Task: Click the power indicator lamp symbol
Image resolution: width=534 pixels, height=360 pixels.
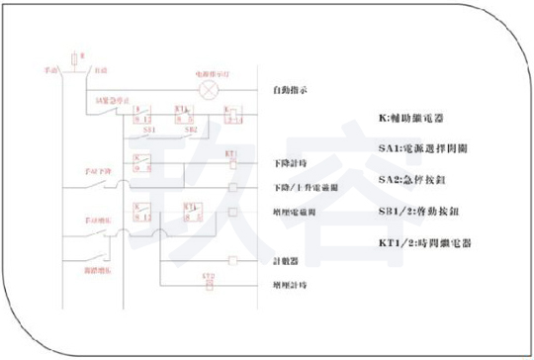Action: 209,90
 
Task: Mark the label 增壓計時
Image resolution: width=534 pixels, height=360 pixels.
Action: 289,285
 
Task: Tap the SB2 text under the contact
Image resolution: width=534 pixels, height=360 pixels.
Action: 190,129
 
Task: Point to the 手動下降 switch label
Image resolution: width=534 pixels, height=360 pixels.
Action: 99,169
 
